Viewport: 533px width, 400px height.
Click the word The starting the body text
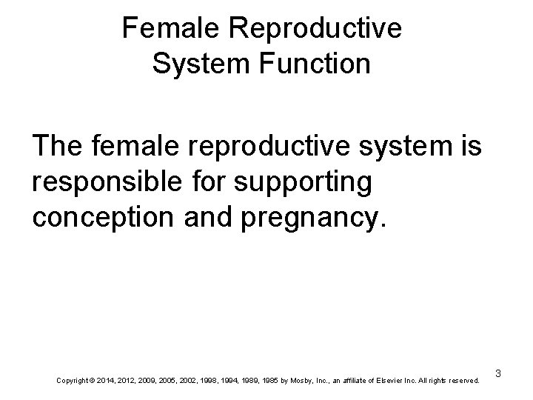[58, 147]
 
